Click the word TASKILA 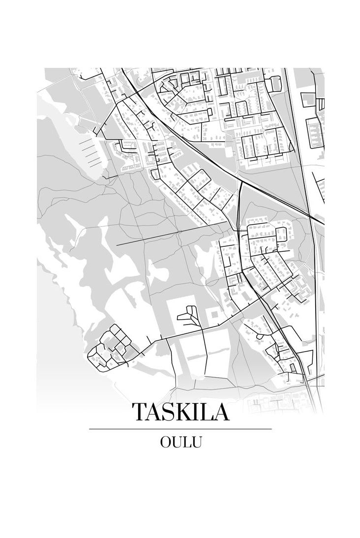point(180,412)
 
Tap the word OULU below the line point(180,442)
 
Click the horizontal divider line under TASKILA point(180,429)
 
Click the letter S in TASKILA point(167,412)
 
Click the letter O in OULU point(166,442)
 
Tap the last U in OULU point(197,442)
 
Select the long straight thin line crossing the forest point(172,233)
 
